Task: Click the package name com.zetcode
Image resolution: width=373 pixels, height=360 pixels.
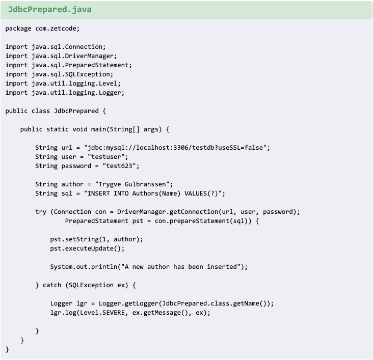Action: (x=58, y=28)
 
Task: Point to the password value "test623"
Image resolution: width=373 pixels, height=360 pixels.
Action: (x=120, y=166)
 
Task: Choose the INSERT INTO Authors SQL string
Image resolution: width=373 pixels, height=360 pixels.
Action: (x=155, y=193)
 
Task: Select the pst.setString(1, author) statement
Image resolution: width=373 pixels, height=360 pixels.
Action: (x=96, y=239)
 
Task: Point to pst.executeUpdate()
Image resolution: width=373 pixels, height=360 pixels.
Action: (x=87, y=248)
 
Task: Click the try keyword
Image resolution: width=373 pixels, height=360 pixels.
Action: (x=41, y=212)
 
